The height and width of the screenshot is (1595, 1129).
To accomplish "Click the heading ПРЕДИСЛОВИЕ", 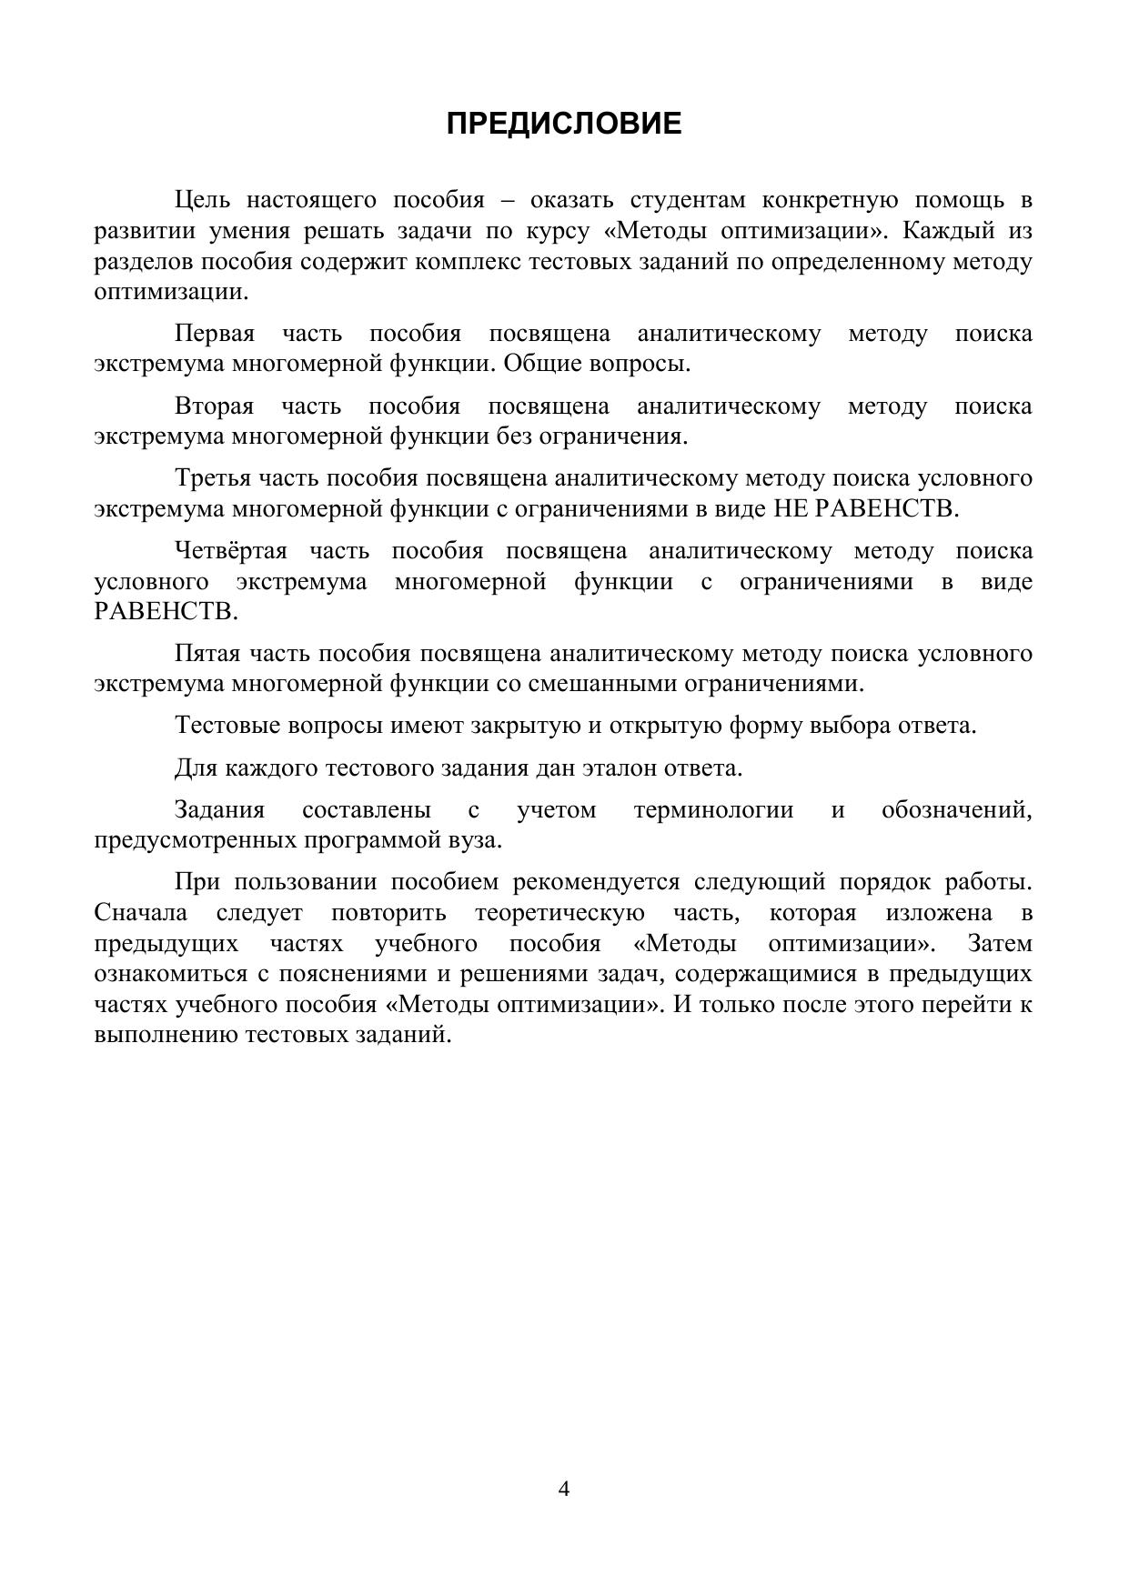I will tap(564, 124).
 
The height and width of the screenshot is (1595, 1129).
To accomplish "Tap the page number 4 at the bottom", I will tap(564, 1489).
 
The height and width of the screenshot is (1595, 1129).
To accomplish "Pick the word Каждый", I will tap(945, 231).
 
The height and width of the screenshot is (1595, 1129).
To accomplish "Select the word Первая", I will tap(214, 334).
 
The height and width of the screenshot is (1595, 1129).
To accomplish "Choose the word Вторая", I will tap(214, 406).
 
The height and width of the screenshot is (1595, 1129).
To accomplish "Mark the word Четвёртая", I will tap(230, 551).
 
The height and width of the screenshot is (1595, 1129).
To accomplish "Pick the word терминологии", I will tap(713, 810).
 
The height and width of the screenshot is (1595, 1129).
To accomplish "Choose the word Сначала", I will tap(141, 913).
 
